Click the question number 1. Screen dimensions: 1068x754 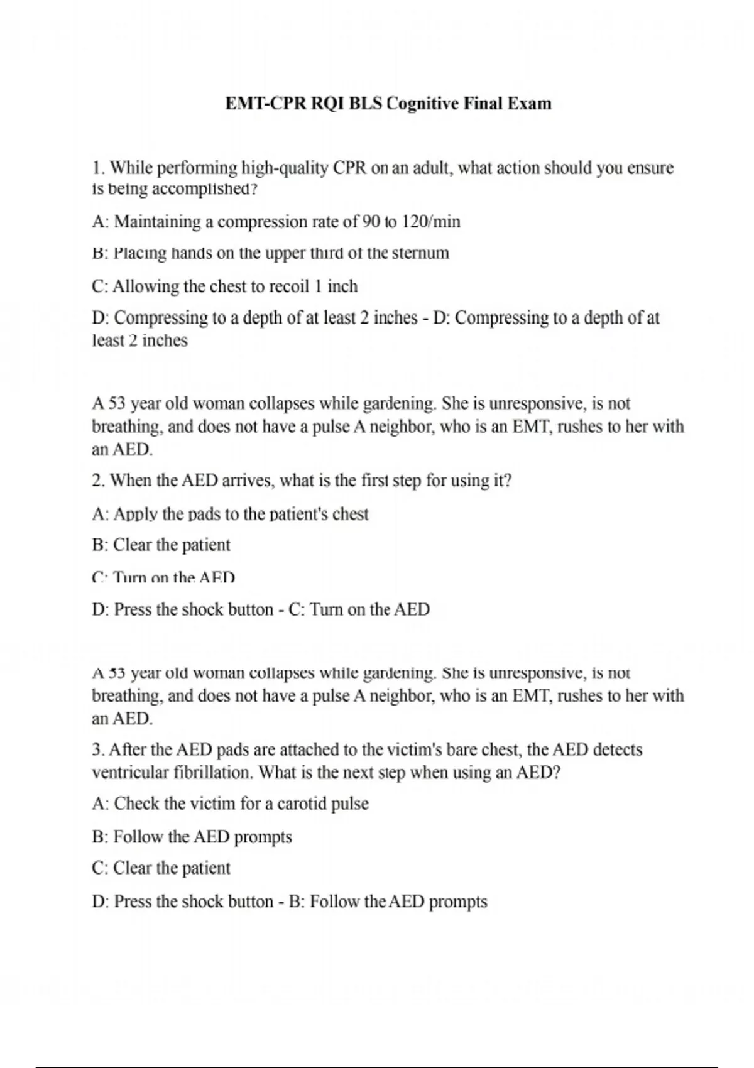click(x=97, y=168)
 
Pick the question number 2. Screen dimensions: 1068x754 click(x=97, y=481)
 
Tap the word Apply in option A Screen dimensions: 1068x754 click(x=135, y=515)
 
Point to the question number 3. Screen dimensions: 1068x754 click(x=97, y=749)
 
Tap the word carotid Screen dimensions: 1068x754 click(x=302, y=804)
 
